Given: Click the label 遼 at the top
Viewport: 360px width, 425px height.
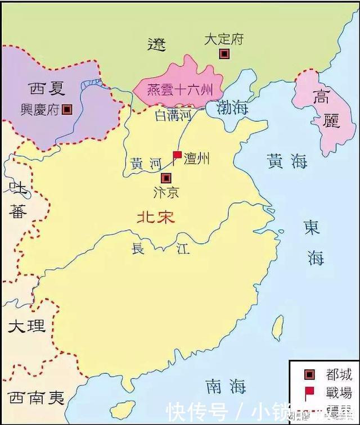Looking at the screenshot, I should (157, 44).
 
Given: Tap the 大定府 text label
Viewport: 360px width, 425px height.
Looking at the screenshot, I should (224, 39).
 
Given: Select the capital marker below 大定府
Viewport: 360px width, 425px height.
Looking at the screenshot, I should (224, 54).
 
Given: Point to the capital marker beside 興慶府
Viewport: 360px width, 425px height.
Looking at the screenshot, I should (67, 110).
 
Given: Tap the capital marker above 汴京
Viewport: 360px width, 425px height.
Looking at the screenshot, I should (165, 178).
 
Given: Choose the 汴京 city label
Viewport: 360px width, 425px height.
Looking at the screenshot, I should (165, 192).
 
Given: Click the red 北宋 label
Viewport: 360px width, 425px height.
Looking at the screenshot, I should (156, 218).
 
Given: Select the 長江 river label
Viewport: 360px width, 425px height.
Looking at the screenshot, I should (154, 249).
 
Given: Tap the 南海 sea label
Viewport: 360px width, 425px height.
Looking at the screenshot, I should (226, 386).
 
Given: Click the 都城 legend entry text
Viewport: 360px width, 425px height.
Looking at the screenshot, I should (338, 375).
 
